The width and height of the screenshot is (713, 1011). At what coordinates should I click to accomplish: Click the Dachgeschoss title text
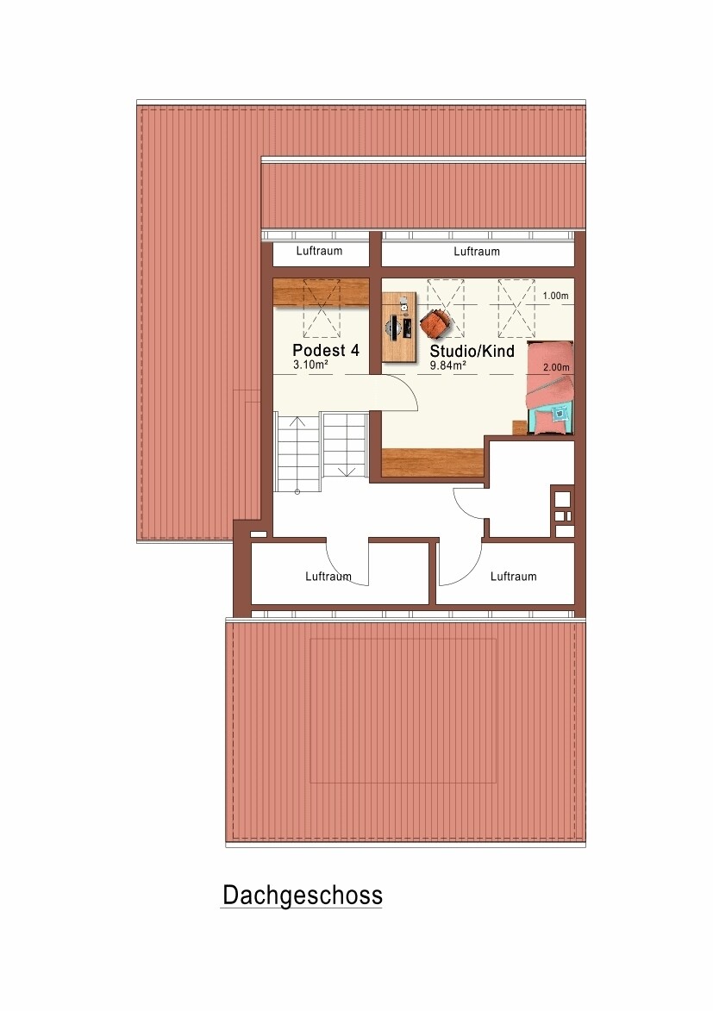pos(303,896)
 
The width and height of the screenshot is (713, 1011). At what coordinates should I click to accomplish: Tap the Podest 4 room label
pos(326,350)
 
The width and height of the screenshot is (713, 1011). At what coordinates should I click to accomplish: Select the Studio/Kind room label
pos(472,352)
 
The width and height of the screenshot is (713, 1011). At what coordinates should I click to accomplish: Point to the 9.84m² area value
pos(447,365)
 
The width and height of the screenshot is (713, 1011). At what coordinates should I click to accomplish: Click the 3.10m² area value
pos(310,365)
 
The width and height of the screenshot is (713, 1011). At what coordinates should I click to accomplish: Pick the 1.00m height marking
pos(555,296)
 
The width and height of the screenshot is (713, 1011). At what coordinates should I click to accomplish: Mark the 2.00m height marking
pos(556,367)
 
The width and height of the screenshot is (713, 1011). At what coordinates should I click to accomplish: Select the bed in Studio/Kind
pos(550,388)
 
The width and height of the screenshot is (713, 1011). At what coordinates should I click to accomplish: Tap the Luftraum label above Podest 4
pos(319,251)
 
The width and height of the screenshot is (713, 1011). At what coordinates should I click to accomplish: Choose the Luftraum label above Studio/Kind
pos(477,252)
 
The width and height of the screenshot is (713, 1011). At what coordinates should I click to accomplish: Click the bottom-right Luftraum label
pos(514,577)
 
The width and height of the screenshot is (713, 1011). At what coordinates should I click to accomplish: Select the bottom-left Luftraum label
pos(328,577)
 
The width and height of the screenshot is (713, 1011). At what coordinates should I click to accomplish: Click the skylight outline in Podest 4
pos(322,309)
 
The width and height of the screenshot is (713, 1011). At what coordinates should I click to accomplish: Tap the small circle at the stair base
pos(297,492)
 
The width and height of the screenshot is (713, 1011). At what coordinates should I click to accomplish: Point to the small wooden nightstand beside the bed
pos(519,427)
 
